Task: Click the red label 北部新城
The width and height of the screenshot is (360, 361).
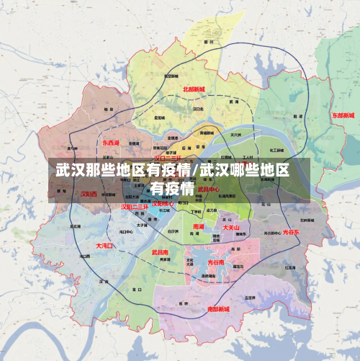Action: (194, 89)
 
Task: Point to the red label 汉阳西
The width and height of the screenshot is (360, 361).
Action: (89, 194)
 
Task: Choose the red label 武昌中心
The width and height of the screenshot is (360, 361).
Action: (209, 190)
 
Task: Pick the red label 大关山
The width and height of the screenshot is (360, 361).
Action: (232, 227)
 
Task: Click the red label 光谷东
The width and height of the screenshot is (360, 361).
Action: (292, 232)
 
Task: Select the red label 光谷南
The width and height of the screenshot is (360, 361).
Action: (216, 263)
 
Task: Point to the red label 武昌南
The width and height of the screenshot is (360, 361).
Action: (161, 252)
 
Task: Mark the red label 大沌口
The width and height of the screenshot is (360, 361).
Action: (105, 246)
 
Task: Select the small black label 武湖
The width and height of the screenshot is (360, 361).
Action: (232, 103)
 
